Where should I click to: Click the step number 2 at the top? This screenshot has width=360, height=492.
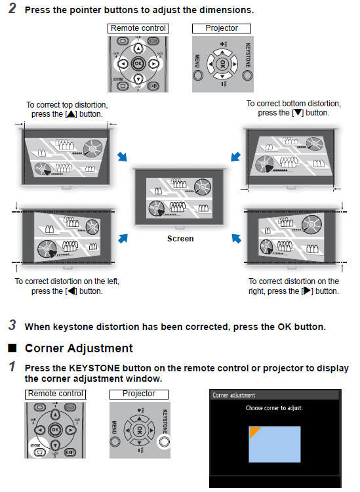[x=12, y=11]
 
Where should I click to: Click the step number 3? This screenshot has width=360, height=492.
[x=12, y=325]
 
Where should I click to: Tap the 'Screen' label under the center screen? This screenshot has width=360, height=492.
[x=180, y=239]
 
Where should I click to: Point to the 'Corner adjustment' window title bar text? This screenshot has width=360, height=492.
[x=234, y=396]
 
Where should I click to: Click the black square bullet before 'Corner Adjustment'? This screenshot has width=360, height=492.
[x=12, y=348]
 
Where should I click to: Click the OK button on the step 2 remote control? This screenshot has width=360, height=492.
[x=138, y=64]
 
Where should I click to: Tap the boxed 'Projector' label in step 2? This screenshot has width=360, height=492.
[x=222, y=28]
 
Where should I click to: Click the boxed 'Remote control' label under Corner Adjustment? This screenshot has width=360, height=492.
[x=56, y=394]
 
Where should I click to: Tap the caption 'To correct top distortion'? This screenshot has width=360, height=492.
[x=67, y=104]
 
